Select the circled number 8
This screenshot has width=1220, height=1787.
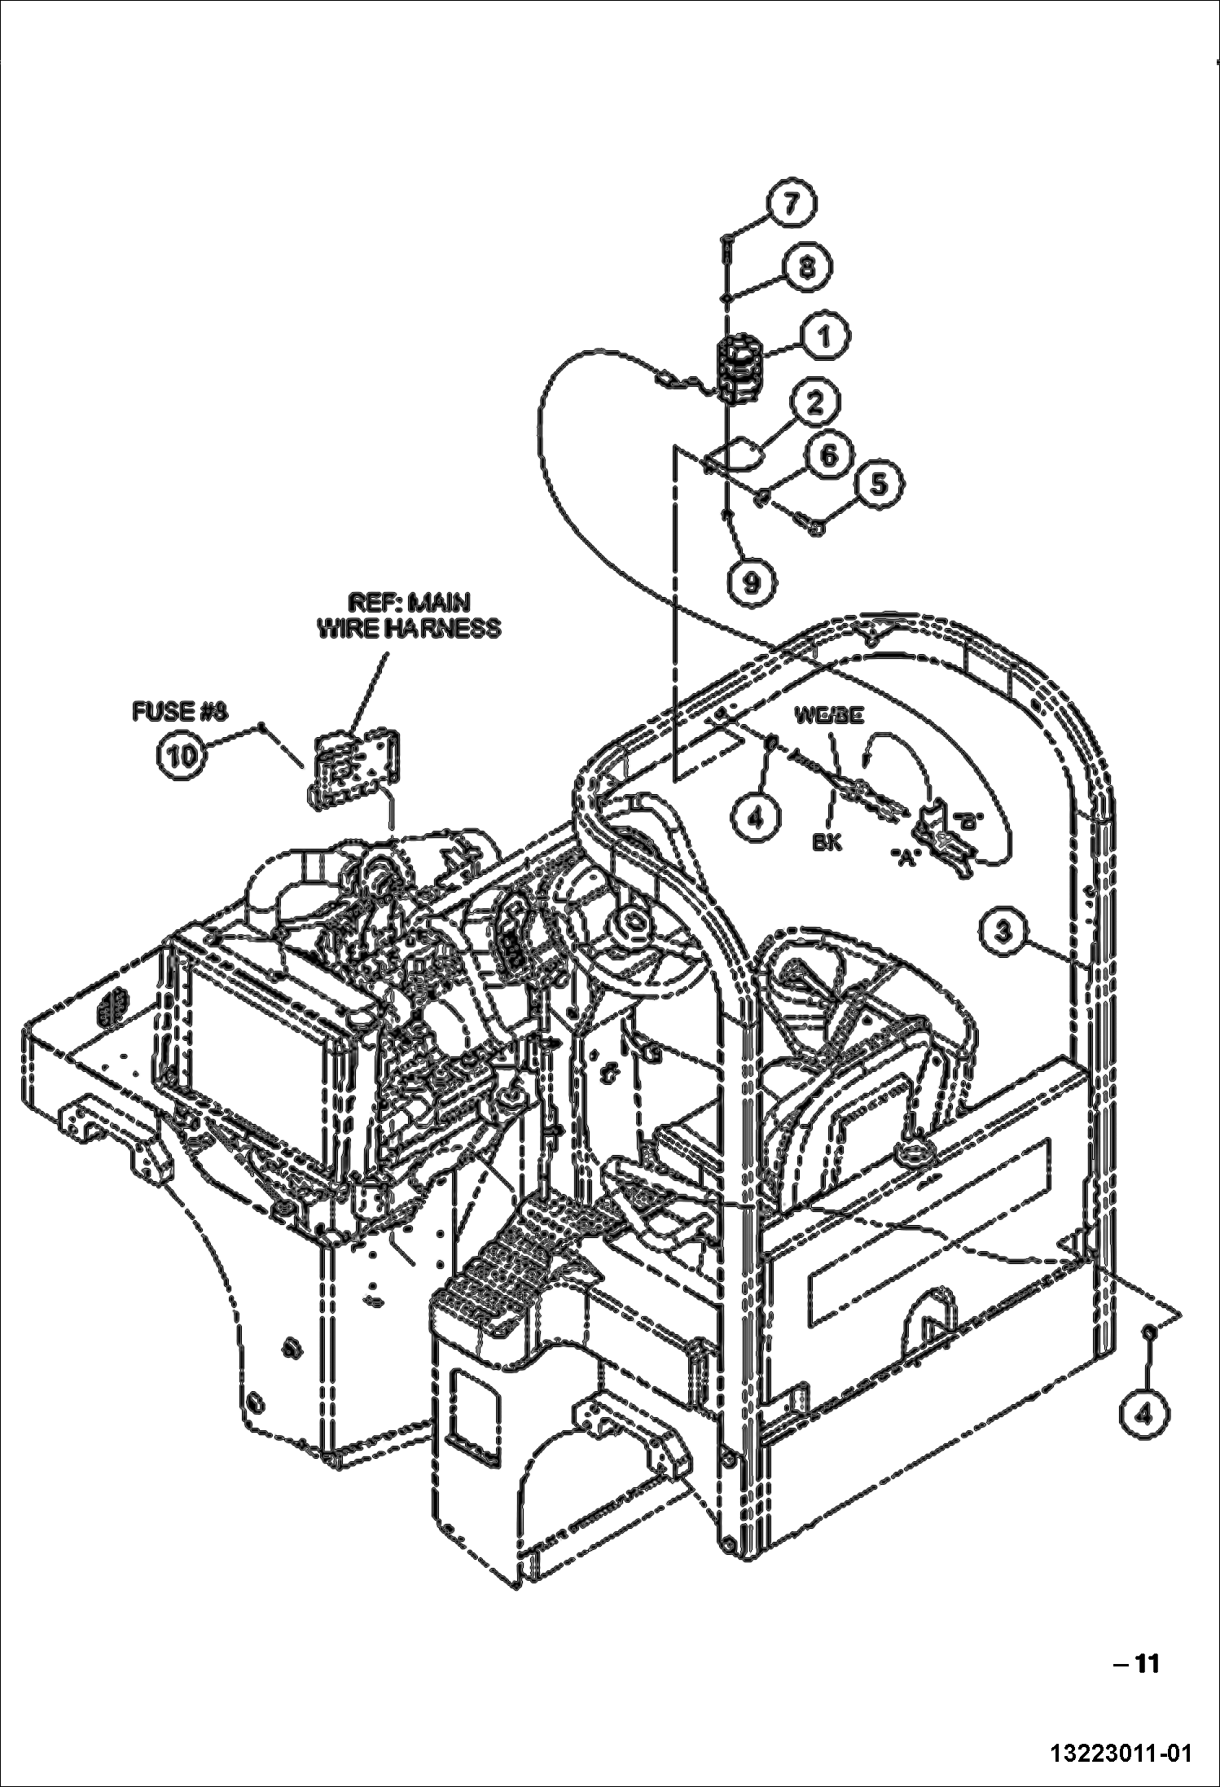806,267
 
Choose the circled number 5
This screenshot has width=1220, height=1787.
876,484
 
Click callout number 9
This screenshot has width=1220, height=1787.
751,582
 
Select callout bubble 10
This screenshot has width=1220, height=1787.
181,756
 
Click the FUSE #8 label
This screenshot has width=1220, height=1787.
180,711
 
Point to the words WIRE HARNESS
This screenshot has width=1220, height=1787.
409,629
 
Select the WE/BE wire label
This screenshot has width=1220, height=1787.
829,716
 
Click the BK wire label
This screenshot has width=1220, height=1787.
827,842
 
